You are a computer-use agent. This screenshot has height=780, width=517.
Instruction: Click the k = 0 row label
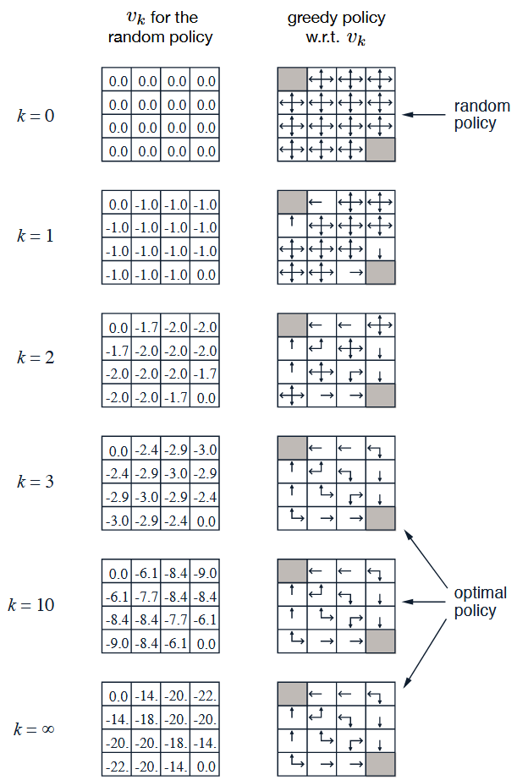[36, 115]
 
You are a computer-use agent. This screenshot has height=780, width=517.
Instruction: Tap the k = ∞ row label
[35, 728]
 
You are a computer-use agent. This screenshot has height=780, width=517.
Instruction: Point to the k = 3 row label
[36, 482]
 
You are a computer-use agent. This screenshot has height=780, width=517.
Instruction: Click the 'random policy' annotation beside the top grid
[481, 115]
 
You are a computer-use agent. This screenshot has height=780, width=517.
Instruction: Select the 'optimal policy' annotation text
[480, 602]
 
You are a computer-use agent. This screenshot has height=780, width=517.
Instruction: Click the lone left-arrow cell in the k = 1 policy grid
[322, 203]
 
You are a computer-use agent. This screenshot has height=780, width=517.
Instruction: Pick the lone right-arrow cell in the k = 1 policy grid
[351, 273]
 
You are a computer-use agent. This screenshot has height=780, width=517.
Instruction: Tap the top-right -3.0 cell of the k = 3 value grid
[205, 449]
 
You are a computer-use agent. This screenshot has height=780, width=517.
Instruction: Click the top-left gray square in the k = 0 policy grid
[292, 79]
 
